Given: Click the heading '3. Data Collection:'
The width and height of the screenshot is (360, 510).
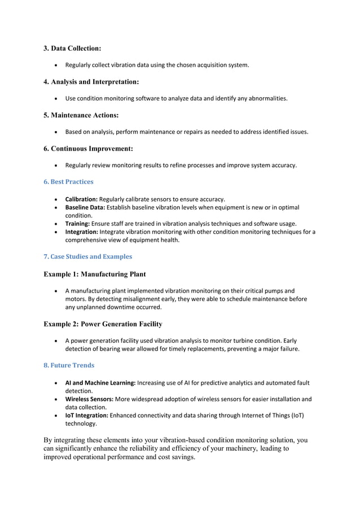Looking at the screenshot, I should click(x=72, y=49).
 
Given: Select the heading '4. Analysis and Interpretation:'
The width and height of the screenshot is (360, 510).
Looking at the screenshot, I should click(x=91, y=82).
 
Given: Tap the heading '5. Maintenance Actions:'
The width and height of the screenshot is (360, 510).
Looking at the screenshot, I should click(x=81, y=115).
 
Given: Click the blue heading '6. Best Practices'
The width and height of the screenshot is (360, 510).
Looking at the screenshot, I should click(x=68, y=182).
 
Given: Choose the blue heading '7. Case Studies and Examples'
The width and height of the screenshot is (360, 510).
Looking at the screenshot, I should click(x=87, y=256).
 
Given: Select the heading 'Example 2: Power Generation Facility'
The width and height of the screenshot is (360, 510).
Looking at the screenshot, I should click(x=103, y=324).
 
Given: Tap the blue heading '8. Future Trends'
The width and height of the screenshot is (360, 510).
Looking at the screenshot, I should click(x=69, y=365).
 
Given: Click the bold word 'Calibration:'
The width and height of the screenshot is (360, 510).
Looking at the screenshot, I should click(x=81, y=199).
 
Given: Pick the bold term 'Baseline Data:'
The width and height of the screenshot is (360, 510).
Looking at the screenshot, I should click(x=85, y=207).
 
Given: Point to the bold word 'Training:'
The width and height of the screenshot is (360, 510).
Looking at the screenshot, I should click(x=77, y=224).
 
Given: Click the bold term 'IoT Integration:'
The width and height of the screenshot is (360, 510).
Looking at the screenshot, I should click(x=87, y=415).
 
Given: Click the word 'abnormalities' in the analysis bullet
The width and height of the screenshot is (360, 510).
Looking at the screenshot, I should click(x=268, y=99).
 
